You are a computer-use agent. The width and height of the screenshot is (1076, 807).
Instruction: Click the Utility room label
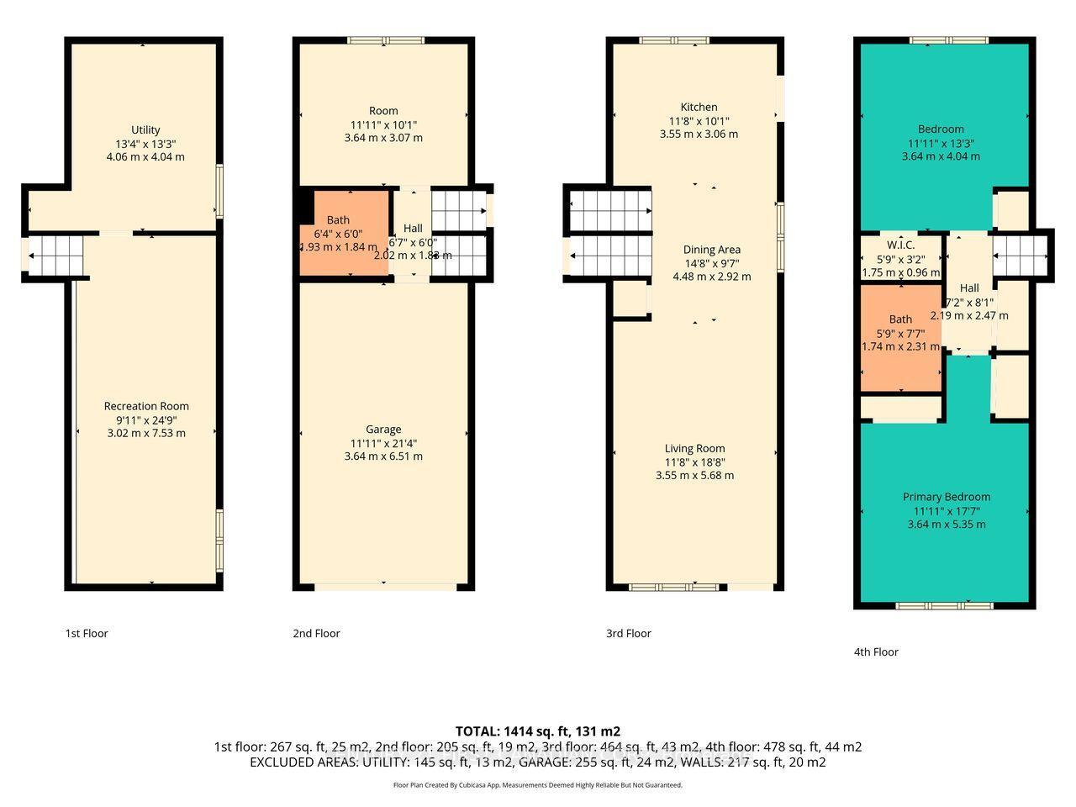[145, 130]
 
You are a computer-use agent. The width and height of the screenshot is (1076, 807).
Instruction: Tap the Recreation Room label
[146, 407]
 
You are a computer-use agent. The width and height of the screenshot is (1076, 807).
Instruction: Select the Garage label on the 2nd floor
[383, 430]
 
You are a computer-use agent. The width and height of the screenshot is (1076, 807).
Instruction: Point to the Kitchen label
[699, 108]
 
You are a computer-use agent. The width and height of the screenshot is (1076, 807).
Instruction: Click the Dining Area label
[711, 250]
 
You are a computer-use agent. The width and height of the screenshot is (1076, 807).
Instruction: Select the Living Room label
[694, 449]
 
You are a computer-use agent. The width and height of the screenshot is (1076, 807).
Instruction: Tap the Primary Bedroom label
[947, 497]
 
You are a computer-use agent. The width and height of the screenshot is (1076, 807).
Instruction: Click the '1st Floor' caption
[87, 634]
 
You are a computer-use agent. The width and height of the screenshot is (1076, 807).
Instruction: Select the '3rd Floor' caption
[629, 634]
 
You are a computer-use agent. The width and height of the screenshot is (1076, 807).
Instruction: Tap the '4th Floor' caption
[876, 652]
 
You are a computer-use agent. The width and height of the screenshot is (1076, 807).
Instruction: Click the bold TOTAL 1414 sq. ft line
[538, 731]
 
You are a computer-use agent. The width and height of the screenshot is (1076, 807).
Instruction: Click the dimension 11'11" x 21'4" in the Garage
[383, 443]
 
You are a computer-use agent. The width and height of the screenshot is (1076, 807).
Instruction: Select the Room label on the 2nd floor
[383, 111]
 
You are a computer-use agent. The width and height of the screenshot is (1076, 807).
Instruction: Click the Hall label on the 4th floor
[969, 288]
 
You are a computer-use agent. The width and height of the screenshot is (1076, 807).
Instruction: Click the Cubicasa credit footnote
[538, 785]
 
